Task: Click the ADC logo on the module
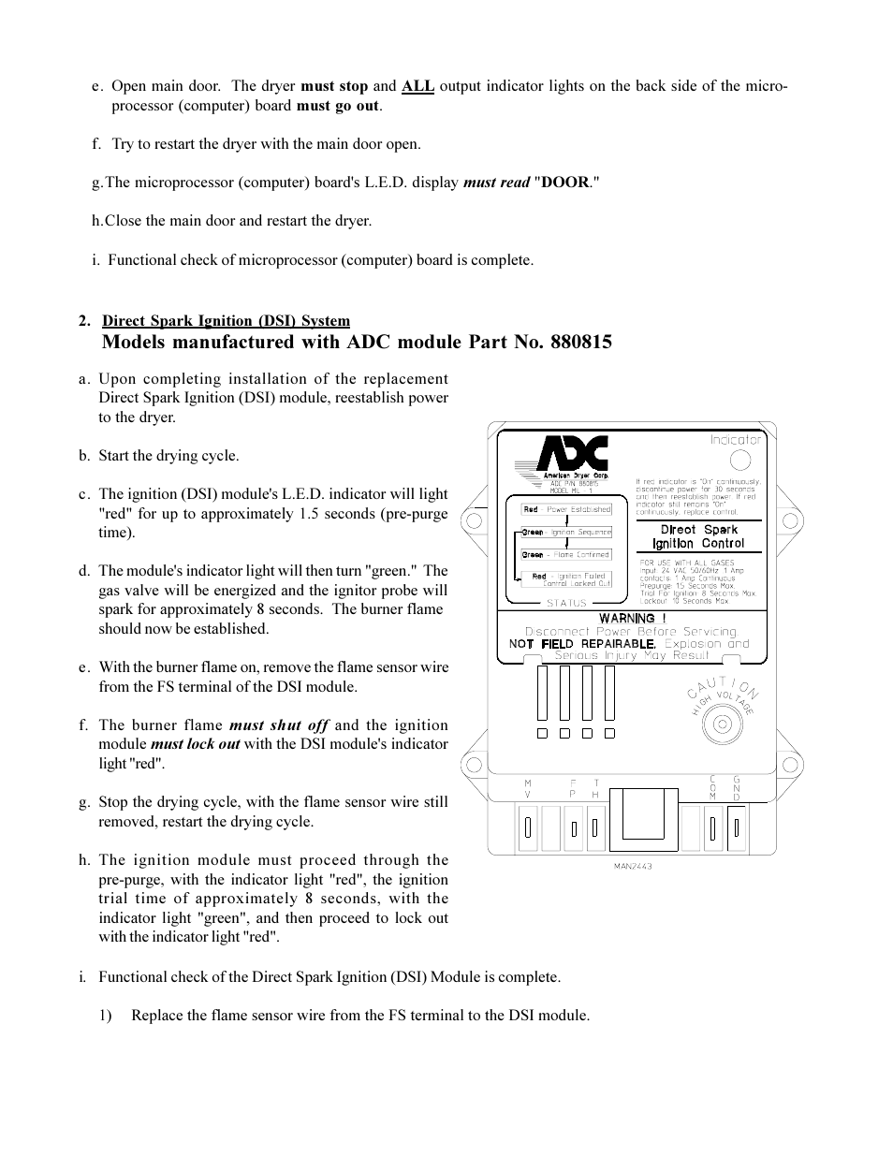coord(572,455)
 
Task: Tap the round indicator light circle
coord(739,460)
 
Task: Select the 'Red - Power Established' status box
coord(566,509)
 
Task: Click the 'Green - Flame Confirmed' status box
coord(565,554)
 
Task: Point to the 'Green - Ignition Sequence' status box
coord(565,532)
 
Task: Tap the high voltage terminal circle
coord(722,724)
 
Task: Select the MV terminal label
coord(528,787)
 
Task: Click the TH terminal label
coord(594,787)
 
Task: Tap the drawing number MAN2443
coord(632,866)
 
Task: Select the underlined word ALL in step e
coord(417,86)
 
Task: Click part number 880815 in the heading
coord(575,342)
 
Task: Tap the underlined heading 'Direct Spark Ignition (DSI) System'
coord(226,321)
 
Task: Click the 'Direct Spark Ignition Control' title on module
coord(698,536)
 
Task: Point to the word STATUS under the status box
coord(566,603)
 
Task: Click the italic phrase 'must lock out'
coord(195,744)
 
